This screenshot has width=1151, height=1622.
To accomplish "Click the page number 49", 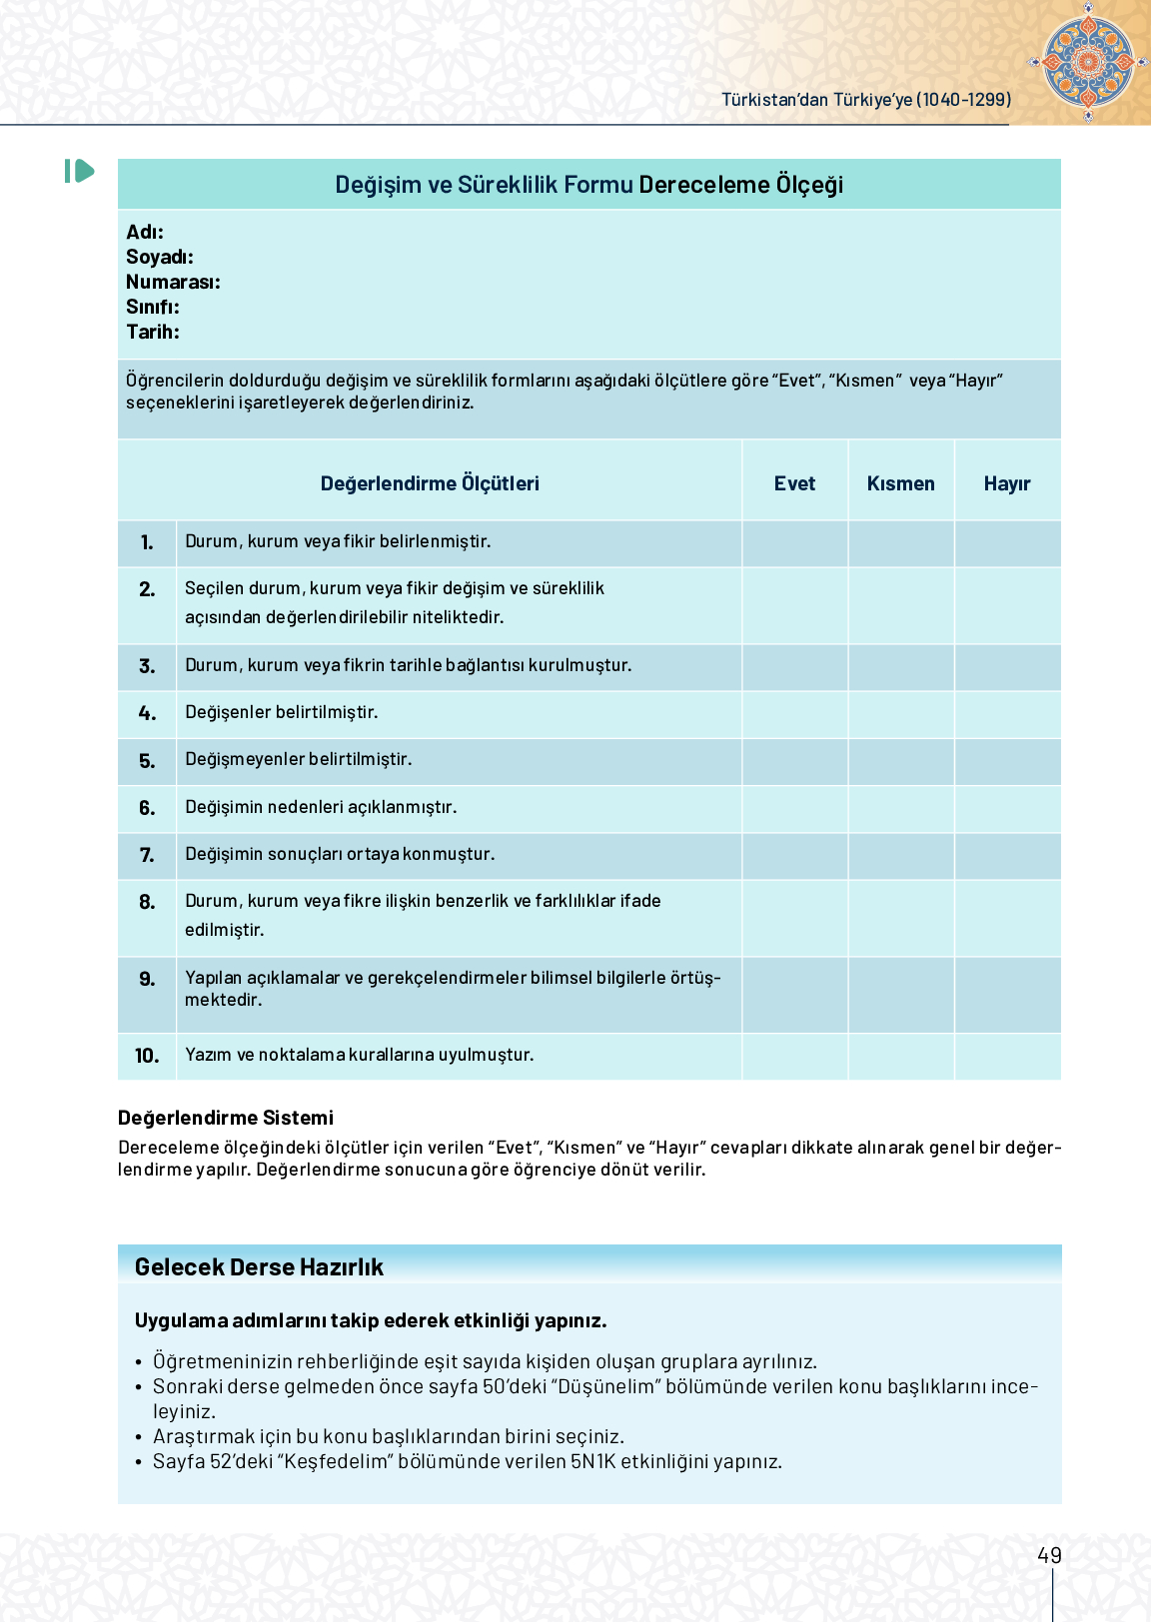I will click(1049, 1555).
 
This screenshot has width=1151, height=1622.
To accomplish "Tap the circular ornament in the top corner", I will click(1088, 61).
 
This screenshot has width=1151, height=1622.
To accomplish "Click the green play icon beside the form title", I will click(80, 172).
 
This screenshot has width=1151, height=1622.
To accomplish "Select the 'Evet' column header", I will click(794, 483).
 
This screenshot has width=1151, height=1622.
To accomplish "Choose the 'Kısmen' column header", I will click(900, 483).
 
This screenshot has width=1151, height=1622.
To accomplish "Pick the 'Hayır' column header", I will click(1006, 483).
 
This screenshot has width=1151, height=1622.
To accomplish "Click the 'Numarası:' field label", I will click(173, 282).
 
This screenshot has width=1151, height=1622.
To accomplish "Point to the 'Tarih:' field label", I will click(153, 332).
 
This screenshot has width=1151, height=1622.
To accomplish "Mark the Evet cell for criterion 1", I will click(794, 543).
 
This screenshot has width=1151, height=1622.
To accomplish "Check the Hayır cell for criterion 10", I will click(1006, 1056).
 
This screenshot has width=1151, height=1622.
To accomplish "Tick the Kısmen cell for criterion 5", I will click(900, 761).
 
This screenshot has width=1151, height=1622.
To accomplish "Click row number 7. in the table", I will click(147, 855).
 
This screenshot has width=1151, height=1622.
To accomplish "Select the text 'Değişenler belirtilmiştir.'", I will click(281, 712).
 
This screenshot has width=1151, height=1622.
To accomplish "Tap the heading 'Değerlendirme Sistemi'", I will click(225, 1118).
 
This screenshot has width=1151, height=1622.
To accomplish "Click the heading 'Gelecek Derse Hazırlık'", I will click(259, 1266).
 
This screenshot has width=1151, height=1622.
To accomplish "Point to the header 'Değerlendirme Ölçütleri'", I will click(430, 483).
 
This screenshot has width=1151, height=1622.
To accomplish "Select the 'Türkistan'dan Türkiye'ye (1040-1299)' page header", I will click(866, 100).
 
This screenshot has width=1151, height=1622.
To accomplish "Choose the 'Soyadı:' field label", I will click(160, 257).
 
